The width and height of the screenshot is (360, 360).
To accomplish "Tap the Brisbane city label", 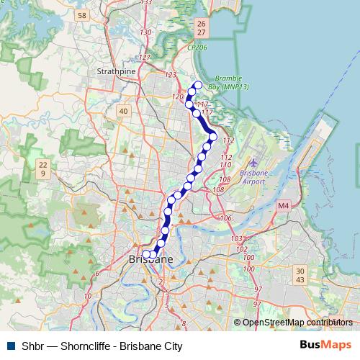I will (150, 259).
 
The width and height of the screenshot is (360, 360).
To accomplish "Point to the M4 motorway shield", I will (283, 205).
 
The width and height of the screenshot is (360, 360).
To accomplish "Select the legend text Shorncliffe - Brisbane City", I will (102, 346).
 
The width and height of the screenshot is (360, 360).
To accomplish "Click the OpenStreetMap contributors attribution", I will (297, 323).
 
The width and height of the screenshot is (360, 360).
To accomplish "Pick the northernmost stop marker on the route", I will (198, 86).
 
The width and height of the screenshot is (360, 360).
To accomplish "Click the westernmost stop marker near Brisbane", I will (145, 254).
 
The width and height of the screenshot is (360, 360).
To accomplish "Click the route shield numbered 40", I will (123, 111).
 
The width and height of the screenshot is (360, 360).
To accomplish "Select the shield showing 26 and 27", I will (200, 28).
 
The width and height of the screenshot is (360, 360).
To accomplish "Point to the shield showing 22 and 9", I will (43, 169).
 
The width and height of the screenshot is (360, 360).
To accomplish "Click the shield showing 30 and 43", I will (300, 274).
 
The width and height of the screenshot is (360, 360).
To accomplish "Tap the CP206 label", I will (197, 48).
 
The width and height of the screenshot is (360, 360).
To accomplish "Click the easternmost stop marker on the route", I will (213, 137).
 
